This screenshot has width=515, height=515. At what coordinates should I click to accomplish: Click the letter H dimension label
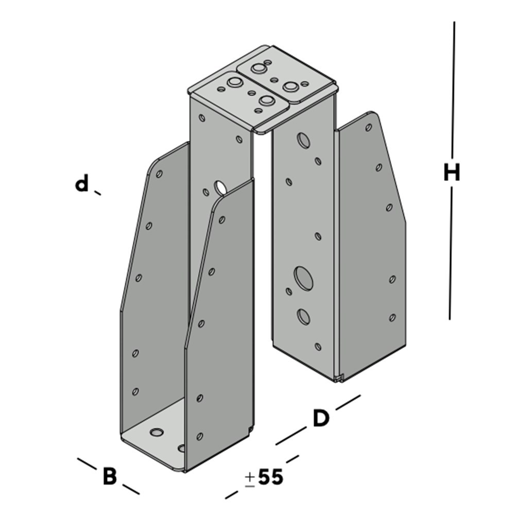tap(452, 173)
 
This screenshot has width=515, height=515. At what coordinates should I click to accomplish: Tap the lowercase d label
tap(82, 183)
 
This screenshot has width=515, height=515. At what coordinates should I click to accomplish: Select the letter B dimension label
tap(110, 476)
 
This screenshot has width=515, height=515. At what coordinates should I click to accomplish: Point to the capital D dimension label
tap(320, 418)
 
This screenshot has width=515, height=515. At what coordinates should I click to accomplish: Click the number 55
tap(271, 477)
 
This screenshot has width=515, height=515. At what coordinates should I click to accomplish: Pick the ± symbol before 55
tap(250, 478)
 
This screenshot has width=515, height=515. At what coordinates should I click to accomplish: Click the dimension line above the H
tap(453, 90)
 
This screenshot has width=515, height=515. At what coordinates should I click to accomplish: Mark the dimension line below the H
tap(451, 253)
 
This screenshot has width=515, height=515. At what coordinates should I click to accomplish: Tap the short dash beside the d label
tap(97, 193)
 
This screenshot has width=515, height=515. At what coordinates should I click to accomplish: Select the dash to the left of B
tap(87, 463)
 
